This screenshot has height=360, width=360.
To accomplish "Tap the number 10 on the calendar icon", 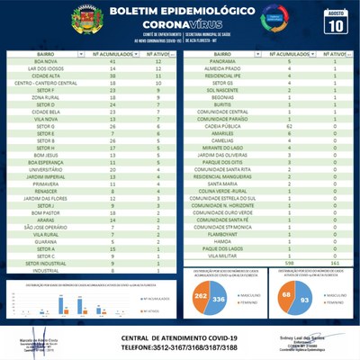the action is pos(335,24).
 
